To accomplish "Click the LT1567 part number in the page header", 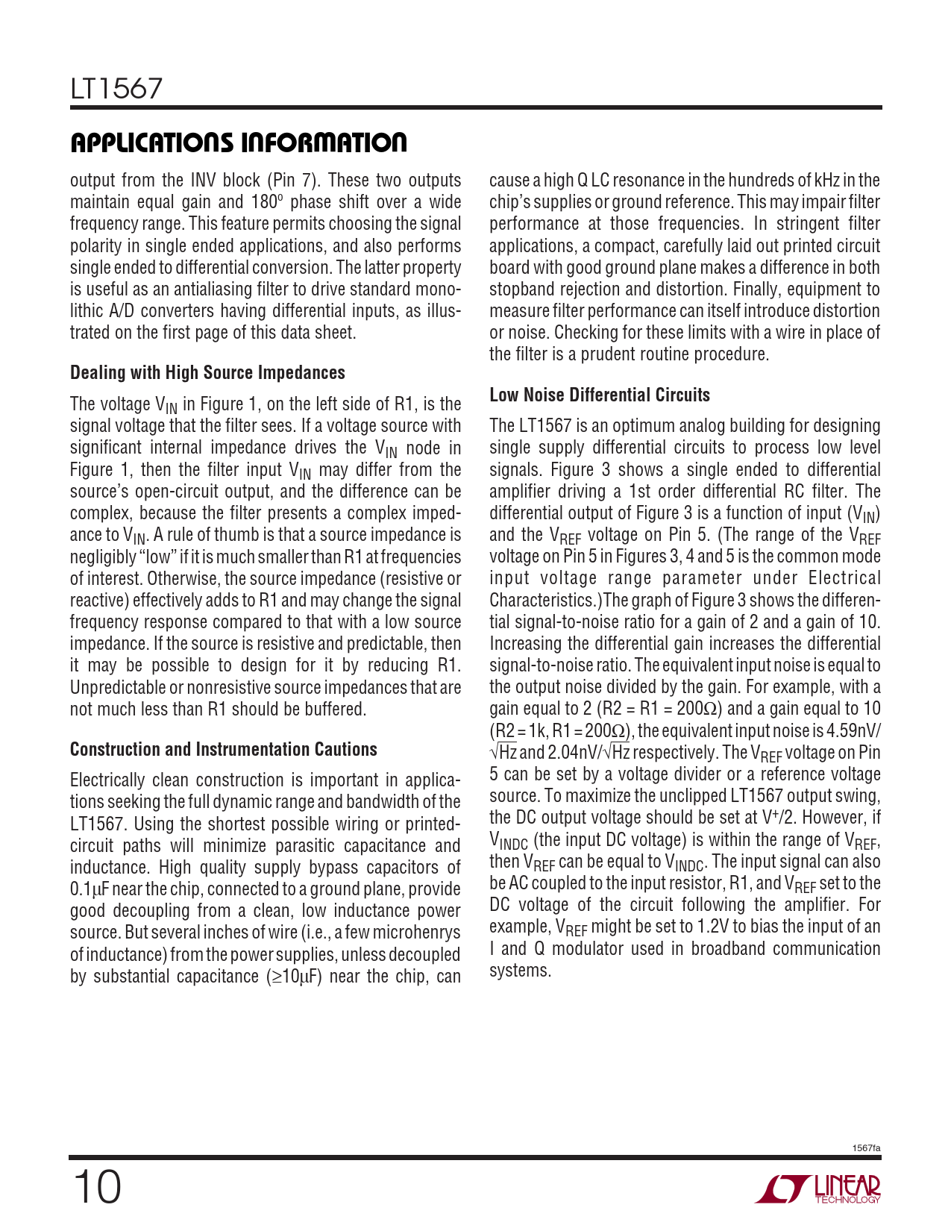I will tap(116, 89).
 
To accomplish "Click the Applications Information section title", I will tap(239, 142).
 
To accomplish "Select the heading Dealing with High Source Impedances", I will tap(207, 372).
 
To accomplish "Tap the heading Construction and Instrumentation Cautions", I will tap(224, 749).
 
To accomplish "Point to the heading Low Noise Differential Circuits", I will tap(600, 395).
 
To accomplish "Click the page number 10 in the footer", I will tap(96, 1188).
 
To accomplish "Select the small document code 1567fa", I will tap(866, 1147).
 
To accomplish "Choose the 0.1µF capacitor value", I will tap(90, 889).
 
